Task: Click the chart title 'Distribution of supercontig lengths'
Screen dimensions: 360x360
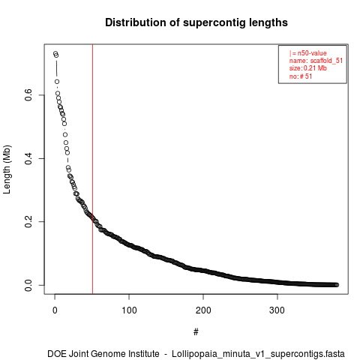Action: (x=196, y=22)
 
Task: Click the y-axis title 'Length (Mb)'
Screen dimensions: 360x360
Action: (x=7, y=169)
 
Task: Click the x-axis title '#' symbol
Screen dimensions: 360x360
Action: (x=196, y=332)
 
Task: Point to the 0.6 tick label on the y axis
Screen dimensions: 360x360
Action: (x=28, y=95)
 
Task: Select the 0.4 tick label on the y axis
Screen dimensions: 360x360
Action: (x=28, y=158)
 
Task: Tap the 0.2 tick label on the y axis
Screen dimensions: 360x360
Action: (x=28, y=222)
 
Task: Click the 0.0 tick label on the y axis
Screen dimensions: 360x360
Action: (x=28, y=285)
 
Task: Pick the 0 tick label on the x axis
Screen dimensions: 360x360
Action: (x=55, y=310)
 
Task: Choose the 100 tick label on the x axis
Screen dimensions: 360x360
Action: (x=129, y=310)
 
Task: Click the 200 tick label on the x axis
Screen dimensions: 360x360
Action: (x=203, y=310)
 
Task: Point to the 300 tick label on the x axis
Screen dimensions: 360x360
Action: (x=277, y=310)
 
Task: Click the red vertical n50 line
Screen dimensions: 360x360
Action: (x=92, y=169)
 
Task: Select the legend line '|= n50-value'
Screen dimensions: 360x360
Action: (x=308, y=53)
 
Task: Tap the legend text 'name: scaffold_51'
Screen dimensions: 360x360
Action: (x=316, y=61)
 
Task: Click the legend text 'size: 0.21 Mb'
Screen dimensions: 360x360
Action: (x=308, y=68)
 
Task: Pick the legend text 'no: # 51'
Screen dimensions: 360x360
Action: (x=301, y=76)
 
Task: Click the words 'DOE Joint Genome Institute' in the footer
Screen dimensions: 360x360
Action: (x=103, y=354)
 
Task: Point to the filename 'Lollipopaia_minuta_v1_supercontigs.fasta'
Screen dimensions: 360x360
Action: (x=258, y=354)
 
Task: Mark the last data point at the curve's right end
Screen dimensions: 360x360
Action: (x=337, y=285)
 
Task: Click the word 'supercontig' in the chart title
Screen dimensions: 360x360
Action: (x=214, y=23)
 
